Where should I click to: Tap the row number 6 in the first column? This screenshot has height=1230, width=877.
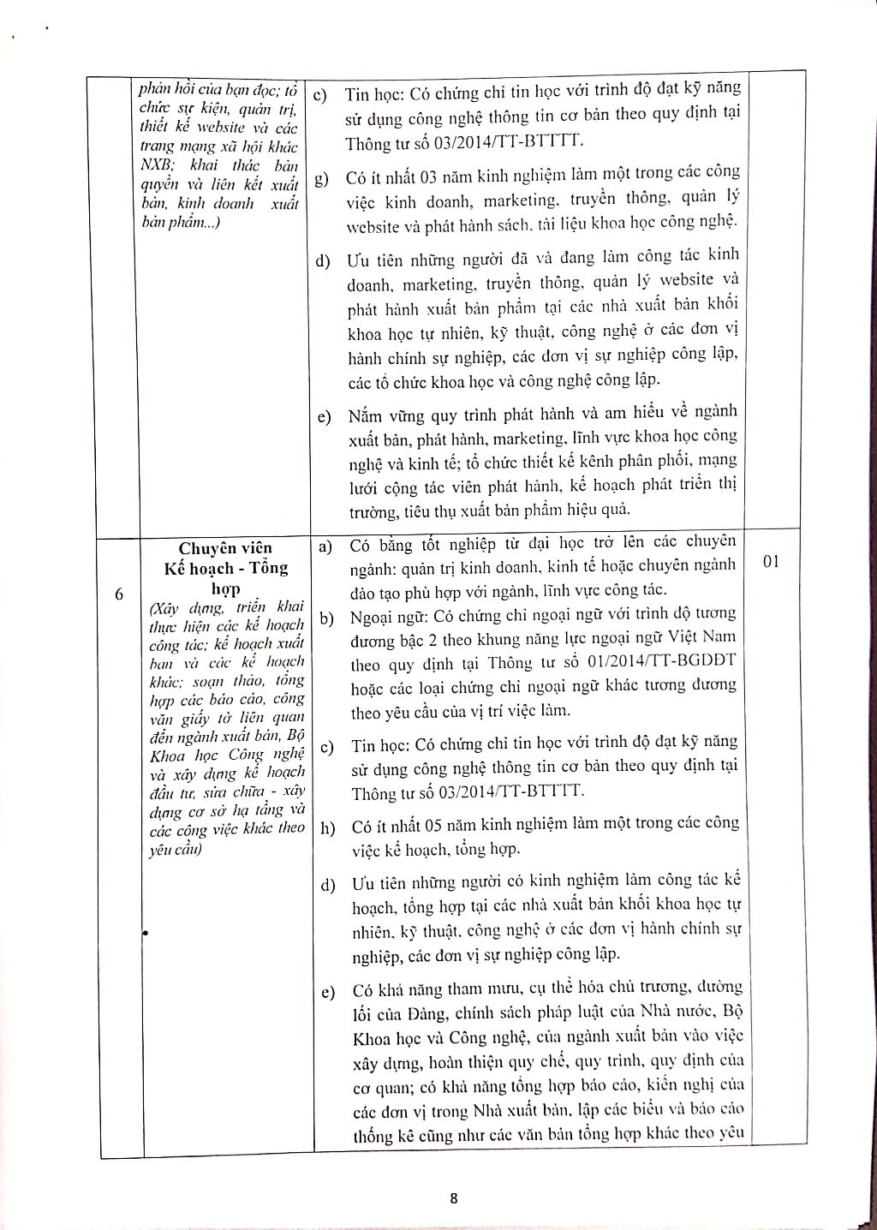pos(119,594)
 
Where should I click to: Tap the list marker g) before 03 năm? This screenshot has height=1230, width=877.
pos(324,178)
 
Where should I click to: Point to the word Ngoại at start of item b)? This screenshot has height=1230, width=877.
pos(372,616)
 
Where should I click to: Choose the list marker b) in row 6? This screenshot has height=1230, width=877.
pos(326,617)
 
